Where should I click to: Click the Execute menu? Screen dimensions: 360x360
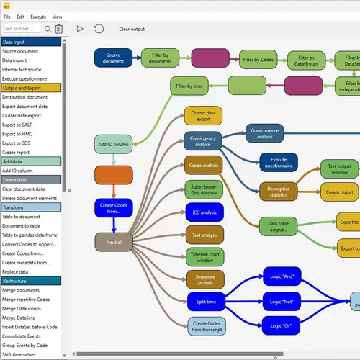click(x=38, y=16)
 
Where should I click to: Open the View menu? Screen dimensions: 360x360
click(x=57, y=16)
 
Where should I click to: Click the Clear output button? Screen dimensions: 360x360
click(x=132, y=29)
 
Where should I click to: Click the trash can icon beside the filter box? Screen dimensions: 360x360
click(x=59, y=29)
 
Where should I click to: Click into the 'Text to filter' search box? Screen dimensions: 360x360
click(x=22, y=29)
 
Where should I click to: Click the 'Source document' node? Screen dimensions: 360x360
click(x=113, y=58)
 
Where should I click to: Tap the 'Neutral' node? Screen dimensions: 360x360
click(x=113, y=243)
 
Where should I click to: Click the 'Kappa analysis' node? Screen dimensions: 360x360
click(x=204, y=165)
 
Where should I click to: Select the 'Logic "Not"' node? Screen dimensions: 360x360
click(x=281, y=300)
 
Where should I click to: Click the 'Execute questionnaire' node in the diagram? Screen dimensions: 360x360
click(x=279, y=162)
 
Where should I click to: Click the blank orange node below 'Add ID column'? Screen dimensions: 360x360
click(x=113, y=175)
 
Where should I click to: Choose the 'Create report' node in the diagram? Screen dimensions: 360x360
click(x=339, y=192)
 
